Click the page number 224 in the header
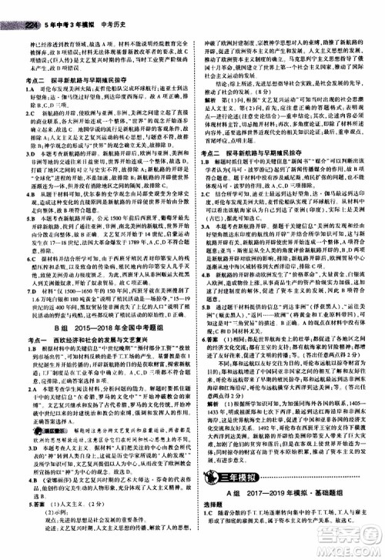(x=12, y=6)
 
